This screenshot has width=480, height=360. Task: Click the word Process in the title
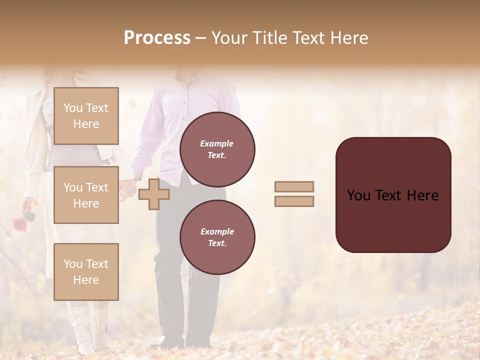[x=157, y=38]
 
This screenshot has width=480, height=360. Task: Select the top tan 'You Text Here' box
[x=86, y=116]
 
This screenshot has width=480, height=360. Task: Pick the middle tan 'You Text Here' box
[x=86, y=195]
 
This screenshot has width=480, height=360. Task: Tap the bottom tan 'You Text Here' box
[x=86, y=272]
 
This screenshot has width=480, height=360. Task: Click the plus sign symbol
[x=154, y=194]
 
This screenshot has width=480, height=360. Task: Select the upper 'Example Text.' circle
[x=217, y=149]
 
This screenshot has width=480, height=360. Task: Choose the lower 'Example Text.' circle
[x=217, y=237]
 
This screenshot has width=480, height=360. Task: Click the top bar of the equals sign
[x=294, y=187]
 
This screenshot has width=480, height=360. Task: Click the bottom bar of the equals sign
[x=294, y=201]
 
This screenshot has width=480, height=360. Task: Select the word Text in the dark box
[x=392, y=195]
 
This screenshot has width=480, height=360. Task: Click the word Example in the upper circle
[x=217, y=143]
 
